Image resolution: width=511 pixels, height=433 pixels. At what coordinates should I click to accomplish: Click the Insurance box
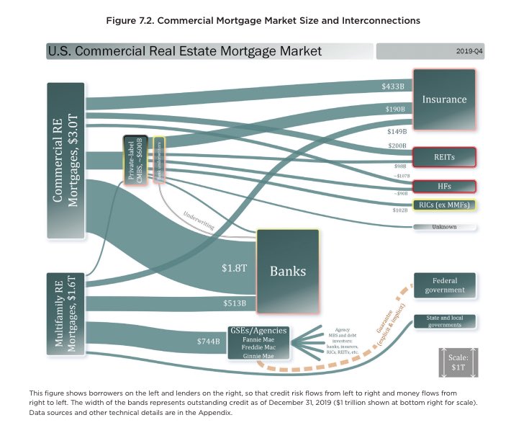444,99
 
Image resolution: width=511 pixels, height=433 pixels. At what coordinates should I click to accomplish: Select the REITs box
444,156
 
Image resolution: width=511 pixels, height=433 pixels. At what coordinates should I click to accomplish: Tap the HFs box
444,186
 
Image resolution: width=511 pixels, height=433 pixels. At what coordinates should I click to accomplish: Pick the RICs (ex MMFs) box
444,205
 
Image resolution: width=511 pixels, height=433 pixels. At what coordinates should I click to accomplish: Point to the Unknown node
444,227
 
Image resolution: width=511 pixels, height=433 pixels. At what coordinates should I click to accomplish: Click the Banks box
288,271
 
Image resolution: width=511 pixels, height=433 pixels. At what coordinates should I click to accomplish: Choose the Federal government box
444,285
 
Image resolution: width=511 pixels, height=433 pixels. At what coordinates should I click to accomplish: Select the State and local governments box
444,321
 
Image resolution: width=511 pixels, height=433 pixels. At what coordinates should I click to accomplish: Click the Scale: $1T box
457,362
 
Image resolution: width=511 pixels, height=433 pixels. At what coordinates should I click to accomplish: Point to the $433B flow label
393,86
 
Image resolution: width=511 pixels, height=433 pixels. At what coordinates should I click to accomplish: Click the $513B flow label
235,303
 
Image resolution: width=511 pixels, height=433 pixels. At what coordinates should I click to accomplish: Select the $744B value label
208,341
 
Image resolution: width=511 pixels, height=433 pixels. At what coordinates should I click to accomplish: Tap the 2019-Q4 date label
468,52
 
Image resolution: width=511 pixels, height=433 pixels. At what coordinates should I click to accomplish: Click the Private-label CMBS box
135,160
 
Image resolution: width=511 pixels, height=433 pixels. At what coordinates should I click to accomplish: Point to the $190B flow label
393,109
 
